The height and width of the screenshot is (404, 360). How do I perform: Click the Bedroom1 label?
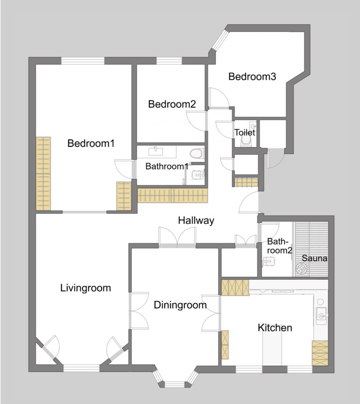(x=91, y=143)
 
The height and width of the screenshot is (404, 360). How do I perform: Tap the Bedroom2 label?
(x=172, y=104)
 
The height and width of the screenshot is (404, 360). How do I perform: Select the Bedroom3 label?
(x=252, y=77)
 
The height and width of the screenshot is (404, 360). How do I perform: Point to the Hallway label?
(x=196, y=221)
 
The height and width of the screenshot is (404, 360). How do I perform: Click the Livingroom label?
(x=86, y=288)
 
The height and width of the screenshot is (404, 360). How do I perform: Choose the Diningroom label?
(x=180, y=305)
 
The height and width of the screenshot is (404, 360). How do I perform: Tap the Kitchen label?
(x=275, y=328)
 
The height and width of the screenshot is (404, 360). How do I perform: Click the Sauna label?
(x=315, y=258)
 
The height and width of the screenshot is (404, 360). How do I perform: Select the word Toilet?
(x=245, y=133)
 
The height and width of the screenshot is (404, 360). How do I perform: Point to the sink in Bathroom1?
(x=156, y=151)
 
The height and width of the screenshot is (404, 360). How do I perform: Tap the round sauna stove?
(x=302, y=268)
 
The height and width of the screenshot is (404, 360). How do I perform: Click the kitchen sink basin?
(x=321, y=316)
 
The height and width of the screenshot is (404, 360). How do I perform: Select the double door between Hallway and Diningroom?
(x=177, y=237)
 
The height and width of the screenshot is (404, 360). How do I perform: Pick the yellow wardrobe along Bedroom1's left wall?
(x=43, y=174)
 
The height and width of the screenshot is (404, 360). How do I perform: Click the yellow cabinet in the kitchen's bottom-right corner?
(x=320, y=353)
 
